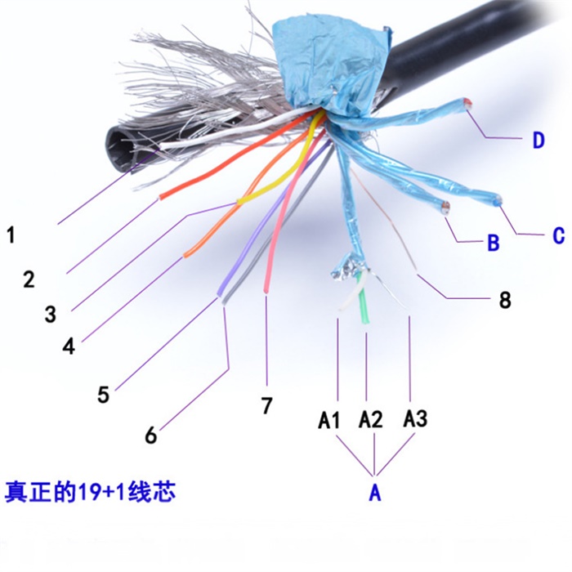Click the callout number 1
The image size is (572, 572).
click(11, 235)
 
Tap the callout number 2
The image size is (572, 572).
click(29, 279)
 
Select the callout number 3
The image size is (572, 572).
click(51, 314)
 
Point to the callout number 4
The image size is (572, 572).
click(69, 346)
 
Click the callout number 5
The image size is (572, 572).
click(103, 394)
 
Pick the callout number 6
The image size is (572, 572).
click(151, 434)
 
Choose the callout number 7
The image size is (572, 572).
click(266, 405)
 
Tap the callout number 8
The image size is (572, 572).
click(505, 300)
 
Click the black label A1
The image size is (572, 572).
click(329, 419)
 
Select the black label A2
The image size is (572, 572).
click(371, 418)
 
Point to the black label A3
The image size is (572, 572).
click(415, 418)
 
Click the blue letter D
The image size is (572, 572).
click(538, 140)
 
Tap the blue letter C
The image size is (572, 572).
click(558, 235)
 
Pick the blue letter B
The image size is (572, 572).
click(494, 242)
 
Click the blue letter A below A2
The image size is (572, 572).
click(375, 493)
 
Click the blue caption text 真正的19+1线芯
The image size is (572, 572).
click(90, 491)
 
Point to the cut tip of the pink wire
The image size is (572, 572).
click(266, 290)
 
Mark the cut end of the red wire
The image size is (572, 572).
click(160, 198)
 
